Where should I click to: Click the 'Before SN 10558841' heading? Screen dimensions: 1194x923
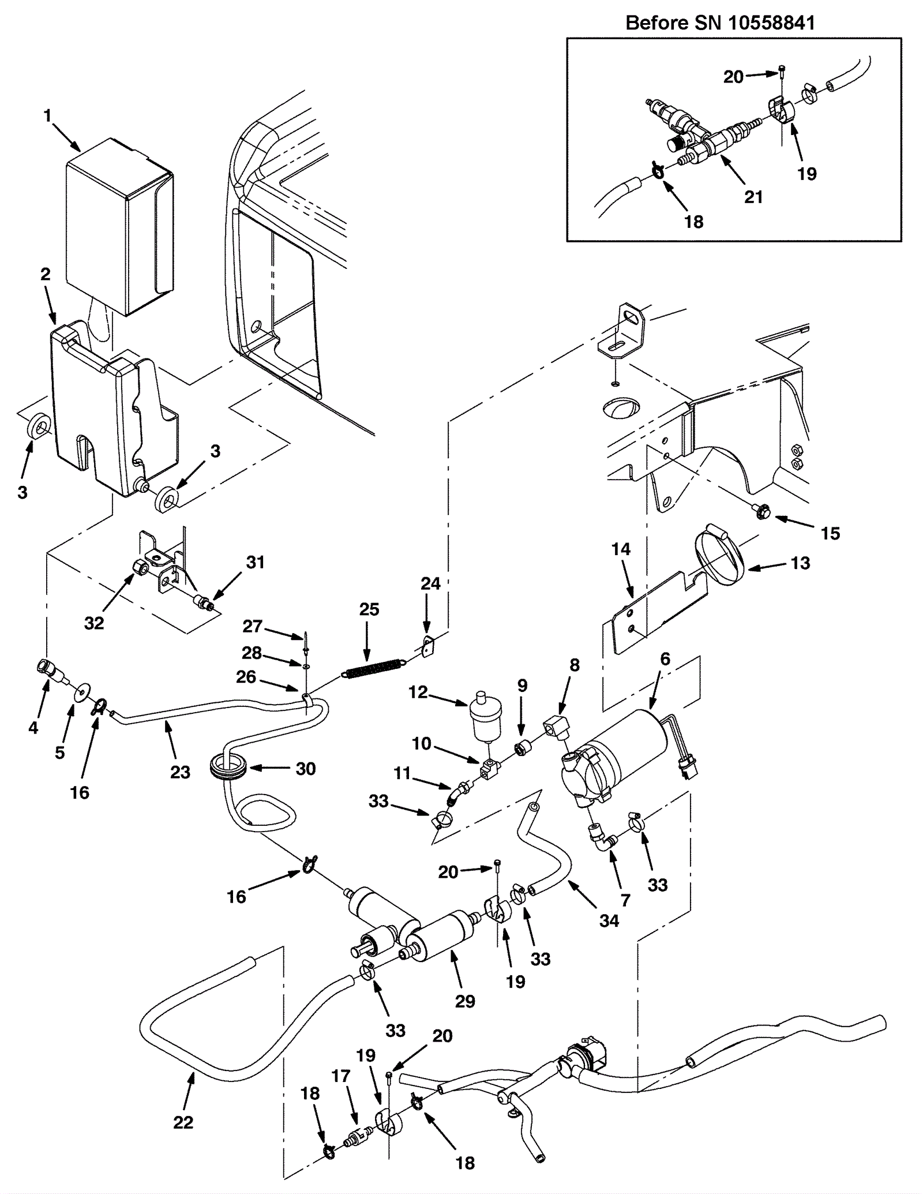click(721, 23)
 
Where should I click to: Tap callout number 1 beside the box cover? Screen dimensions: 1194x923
click(47, 116)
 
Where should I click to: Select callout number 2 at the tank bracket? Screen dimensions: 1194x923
click(46, 274)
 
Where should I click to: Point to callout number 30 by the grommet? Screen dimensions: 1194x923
click(306, 768)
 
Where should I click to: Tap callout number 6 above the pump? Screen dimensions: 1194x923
click(665, 659)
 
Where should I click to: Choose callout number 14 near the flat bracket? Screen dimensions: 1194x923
click(621, 549)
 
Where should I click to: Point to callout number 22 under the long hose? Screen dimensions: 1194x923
click(183, 1122)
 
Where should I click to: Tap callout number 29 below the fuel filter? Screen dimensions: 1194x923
click(465, 1001)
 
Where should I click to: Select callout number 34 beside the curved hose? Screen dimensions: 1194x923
click(609, 920)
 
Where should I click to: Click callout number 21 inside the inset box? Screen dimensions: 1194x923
click(753, 197)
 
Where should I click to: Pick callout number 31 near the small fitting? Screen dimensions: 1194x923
click(256, 562)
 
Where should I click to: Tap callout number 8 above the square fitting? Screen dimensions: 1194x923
click(574, 665)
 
